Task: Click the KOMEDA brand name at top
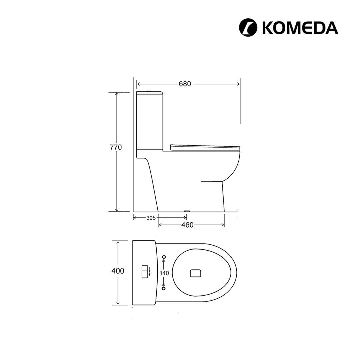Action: point(300,28)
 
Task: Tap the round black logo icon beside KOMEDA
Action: point(248,28)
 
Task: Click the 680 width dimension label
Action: point(185,84)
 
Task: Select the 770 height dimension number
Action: point(116,147)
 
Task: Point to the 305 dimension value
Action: point(151,218)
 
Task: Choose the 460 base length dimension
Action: point(187,225)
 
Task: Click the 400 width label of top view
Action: point(118,271)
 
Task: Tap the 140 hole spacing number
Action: point(164,273)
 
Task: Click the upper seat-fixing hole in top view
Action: point(164,257)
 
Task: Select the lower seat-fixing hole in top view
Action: point(164,288)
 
